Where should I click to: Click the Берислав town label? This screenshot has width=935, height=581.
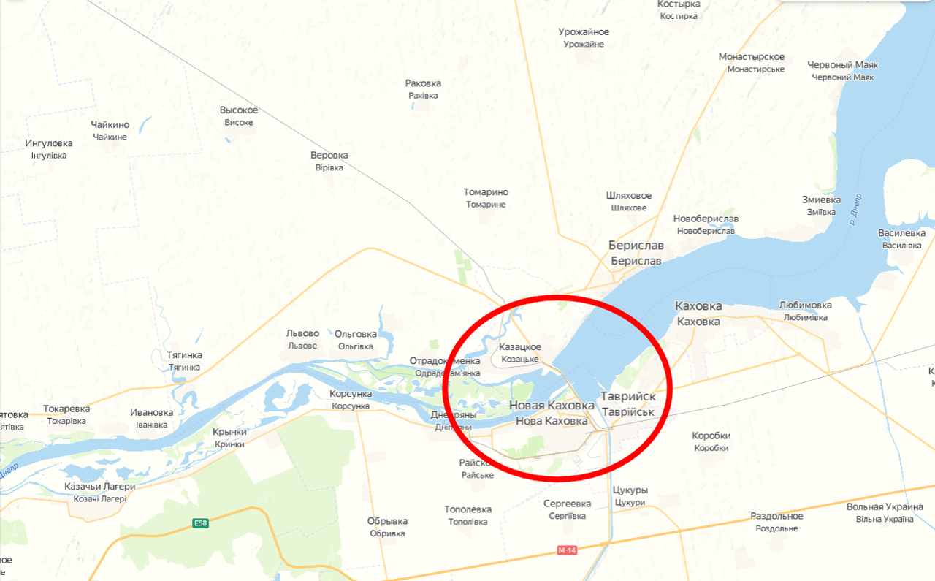tap(635, 246)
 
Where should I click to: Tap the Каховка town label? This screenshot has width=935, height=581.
tap(698, 306)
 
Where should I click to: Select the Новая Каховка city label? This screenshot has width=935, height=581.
tap(552, 406)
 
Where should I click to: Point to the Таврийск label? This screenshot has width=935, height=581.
tap(627, 397)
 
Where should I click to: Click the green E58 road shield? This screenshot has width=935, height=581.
tap(200, 523)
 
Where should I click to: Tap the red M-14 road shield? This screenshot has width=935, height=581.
tap(566, 550)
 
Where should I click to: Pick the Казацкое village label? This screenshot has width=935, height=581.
tap(520, 346)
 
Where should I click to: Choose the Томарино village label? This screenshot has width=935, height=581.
tap(486, 192)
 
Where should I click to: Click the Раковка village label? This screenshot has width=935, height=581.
tap(423, 83)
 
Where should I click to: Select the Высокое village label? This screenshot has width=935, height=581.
tap(239, 110)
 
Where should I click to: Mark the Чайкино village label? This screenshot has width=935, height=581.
tap(110, 125)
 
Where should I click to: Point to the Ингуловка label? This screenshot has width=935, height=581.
tap(49, 143)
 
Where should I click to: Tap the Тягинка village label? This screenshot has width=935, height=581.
tap(184, 355)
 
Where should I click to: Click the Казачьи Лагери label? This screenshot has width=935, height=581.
tap(100, 487)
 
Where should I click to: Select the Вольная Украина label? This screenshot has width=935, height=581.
tap(885, 507)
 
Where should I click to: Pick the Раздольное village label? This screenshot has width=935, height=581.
tap(776, 516)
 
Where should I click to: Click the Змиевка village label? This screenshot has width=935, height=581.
tap(821, 200)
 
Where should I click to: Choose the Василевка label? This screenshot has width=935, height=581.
tap(901, 233)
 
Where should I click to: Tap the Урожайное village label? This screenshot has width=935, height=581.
tap(584, 32)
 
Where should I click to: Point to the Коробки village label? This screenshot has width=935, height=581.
tap(711, 436)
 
